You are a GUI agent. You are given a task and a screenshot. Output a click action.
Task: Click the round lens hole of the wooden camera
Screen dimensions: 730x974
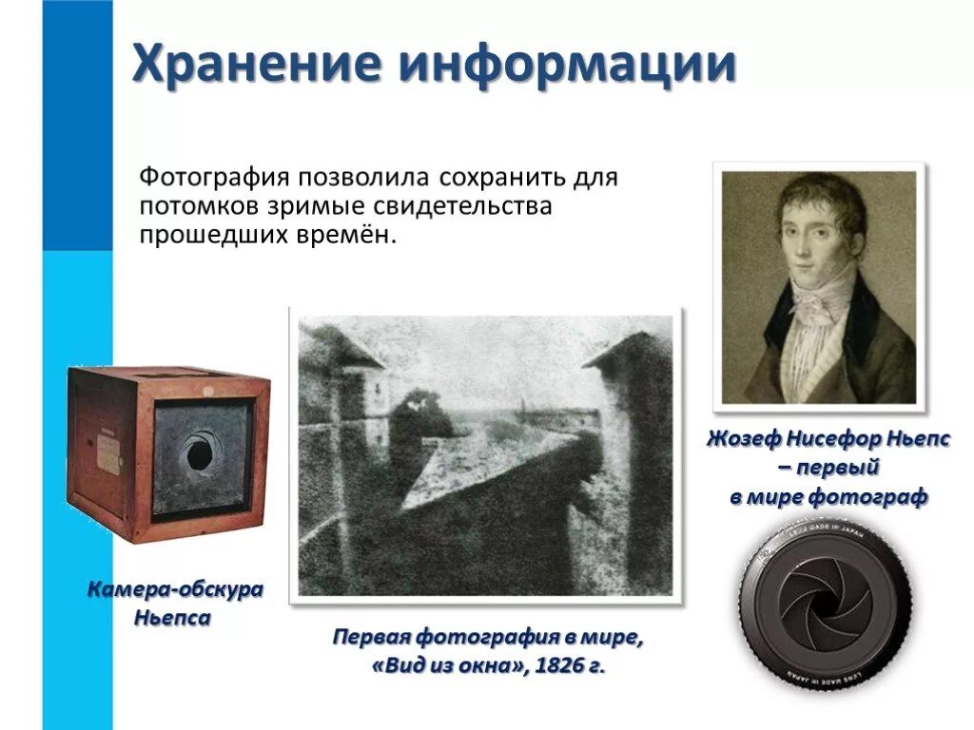(x=199, y=454)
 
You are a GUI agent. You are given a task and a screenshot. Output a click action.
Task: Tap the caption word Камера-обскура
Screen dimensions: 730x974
(x=175, y=590)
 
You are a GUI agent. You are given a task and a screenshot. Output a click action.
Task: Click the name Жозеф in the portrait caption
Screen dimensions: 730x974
(x=743, y=439)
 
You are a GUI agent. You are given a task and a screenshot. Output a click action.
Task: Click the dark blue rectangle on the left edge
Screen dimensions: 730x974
(x=77, y=124)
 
